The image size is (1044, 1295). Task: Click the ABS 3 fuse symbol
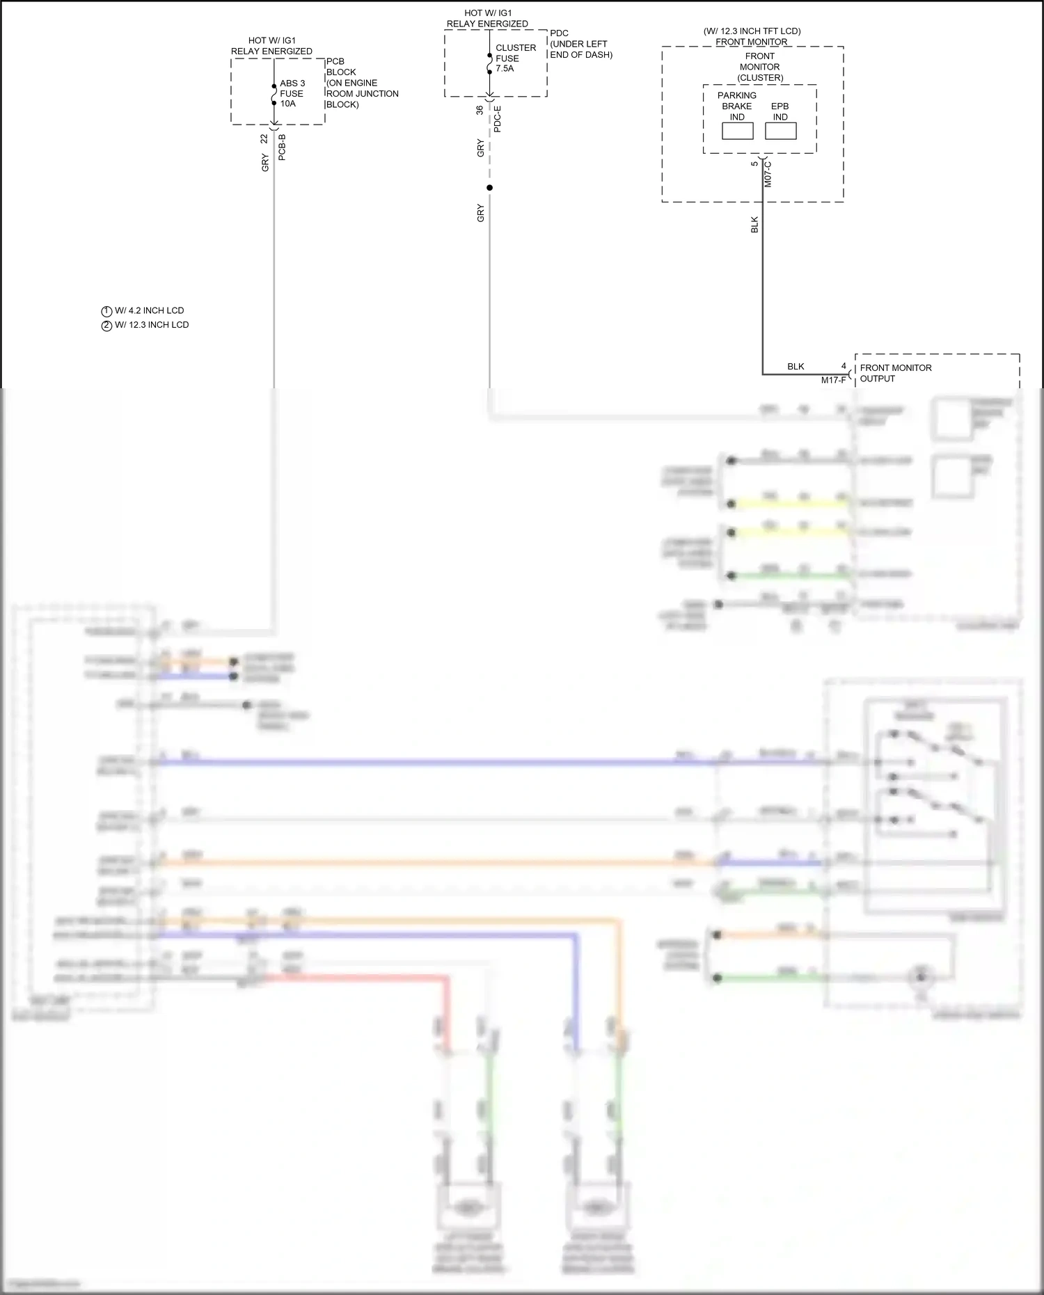tap(274, 94)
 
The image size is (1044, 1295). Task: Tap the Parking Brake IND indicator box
tap(737, 131)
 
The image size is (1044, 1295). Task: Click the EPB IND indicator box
tap(780, 131)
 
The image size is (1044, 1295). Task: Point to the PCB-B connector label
tap(282, 148)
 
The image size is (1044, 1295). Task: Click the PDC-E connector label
tap(497, 119)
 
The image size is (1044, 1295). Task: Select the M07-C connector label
tap(768, 174)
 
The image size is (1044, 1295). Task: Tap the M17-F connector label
tap(833, 380)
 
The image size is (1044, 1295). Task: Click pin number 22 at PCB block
tap(264, 138)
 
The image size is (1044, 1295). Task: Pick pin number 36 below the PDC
tap(480, 110)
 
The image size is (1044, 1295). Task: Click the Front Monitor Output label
tap(895, 373)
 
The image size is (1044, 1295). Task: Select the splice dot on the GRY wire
tap(489, 188)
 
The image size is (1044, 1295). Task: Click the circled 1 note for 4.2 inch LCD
tap(106, 311)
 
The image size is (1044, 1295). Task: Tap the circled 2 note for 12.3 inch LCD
tap(106, 326)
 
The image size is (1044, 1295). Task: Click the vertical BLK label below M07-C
tap(754, 225)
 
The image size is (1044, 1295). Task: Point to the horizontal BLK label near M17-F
tap(796, 367)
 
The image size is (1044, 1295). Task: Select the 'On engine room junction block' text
tap(362, 93)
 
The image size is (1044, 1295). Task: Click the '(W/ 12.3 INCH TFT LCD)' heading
tap(752, 31)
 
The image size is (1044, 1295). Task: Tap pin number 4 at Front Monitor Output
tap(844, 366)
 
